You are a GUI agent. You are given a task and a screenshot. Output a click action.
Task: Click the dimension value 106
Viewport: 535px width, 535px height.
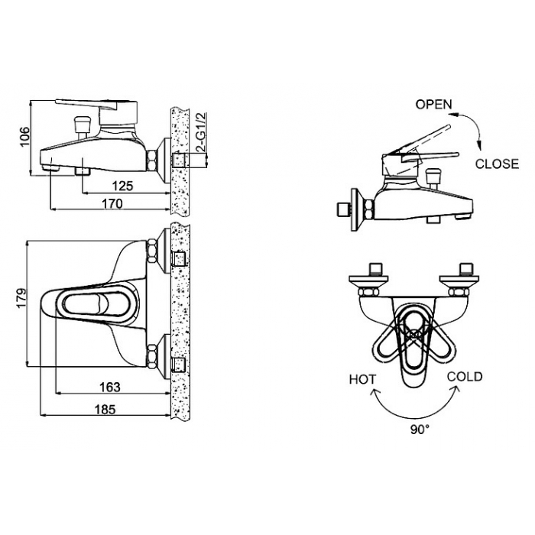(x=25, y=137)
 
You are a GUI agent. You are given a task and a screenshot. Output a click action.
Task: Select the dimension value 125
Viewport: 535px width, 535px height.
(x=123, y=186)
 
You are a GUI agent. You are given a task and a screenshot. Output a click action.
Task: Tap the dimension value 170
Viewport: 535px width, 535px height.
(x=112, y=204)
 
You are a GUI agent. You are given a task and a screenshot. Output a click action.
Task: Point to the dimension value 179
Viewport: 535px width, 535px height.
(x=21, y=299)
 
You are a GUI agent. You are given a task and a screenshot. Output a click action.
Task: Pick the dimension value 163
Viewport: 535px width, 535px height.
(x=110, y=387)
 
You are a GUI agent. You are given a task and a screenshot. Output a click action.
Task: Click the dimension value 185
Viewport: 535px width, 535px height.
(x=105, y=409)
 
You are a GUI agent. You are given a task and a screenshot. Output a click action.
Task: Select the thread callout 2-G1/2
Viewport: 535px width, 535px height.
(x=202, y=132)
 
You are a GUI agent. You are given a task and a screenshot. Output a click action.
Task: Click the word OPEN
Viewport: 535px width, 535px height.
(x=433, y=105)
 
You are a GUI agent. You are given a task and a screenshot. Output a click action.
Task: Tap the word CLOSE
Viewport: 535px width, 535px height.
(x=497, y=164)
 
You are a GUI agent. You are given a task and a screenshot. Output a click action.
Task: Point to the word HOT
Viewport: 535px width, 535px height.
(x=363, y=379)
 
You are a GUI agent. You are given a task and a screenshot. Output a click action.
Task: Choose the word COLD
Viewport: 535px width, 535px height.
(x=465, y=377)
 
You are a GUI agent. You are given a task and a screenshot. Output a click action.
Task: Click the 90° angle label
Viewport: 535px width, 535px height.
(x=420, y=430)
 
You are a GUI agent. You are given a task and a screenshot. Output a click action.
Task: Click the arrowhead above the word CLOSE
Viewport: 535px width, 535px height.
(x=480, y=145)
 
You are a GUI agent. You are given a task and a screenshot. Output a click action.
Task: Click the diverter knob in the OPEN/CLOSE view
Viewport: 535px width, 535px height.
(x=434, y=175)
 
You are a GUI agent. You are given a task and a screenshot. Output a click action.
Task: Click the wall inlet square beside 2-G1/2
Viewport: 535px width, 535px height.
(x=180, y=160)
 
